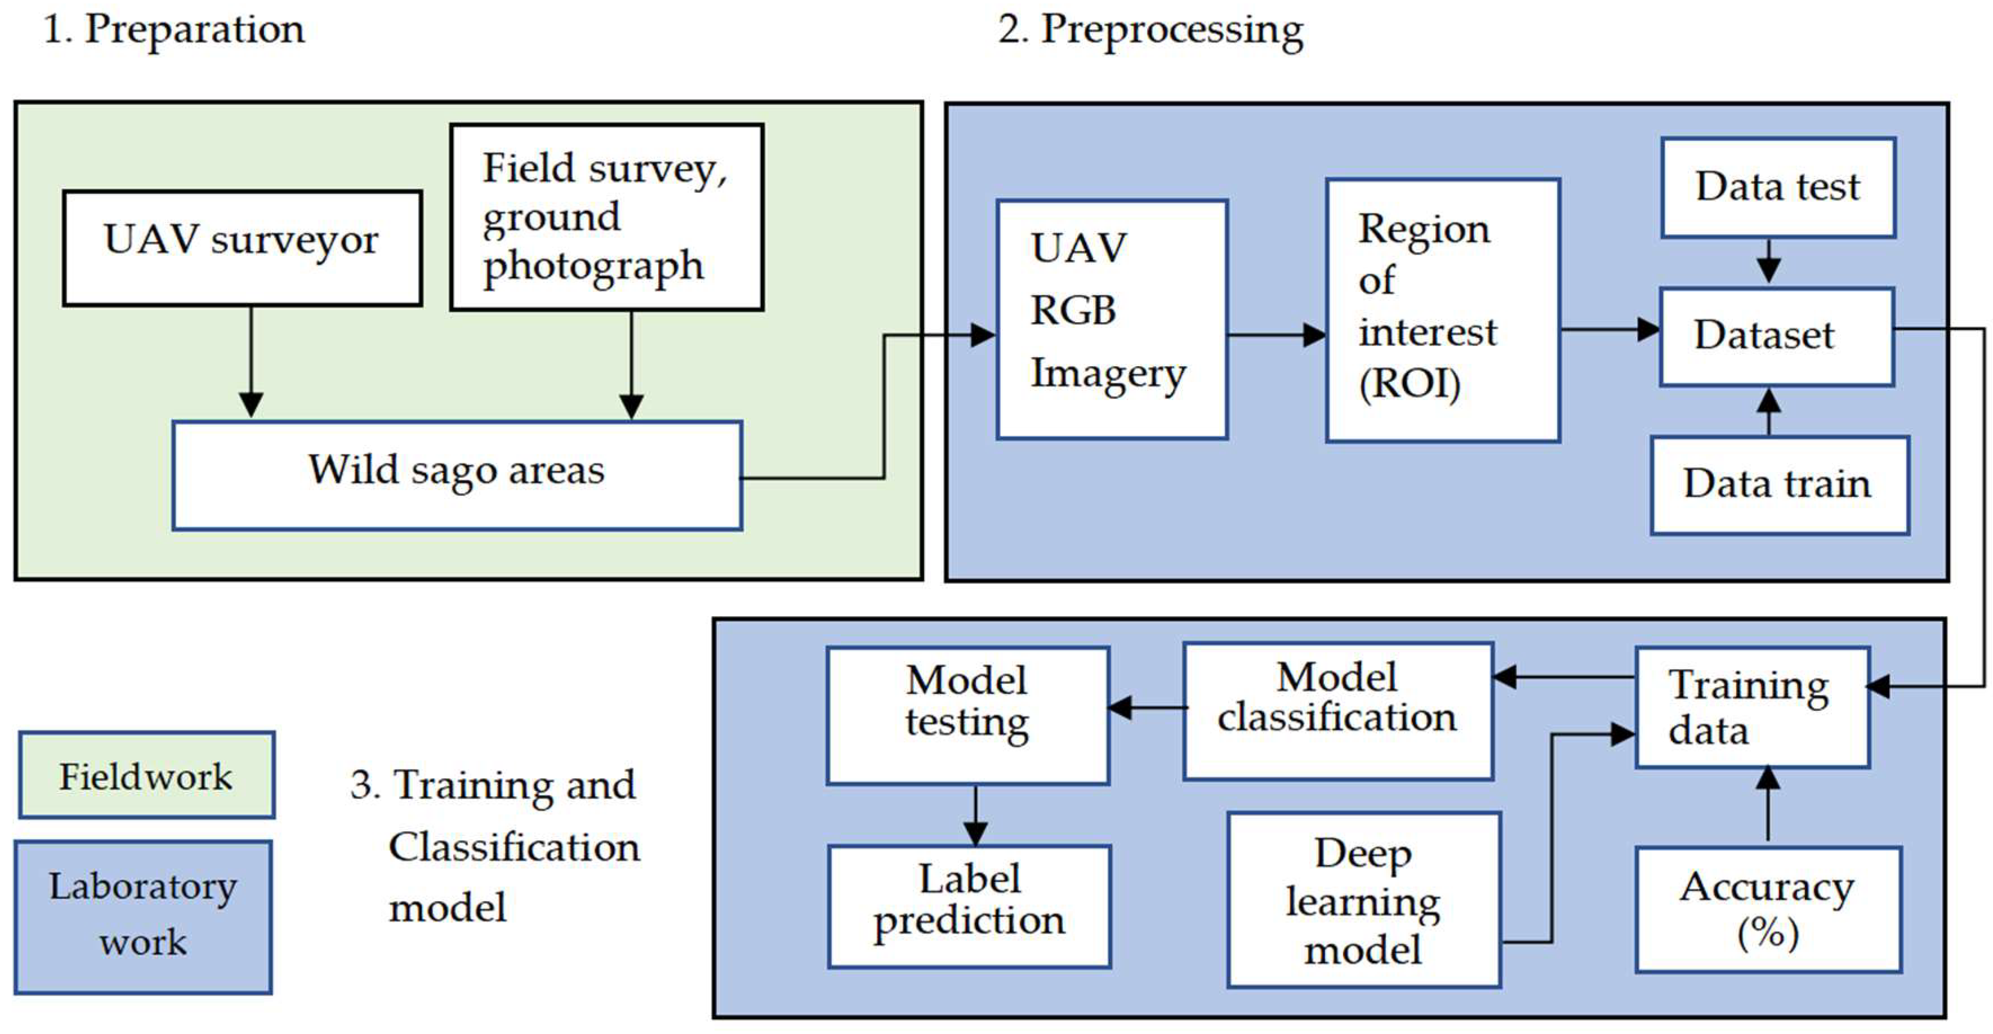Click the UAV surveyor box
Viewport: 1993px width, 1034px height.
pyautogui.click(x=242, y=248)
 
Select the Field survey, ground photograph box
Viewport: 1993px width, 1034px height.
pyautogui.click(x=607, y=217)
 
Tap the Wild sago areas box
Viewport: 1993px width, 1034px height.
pyautogui.click(x=457, y=475)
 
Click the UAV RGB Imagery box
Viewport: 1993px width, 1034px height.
pyautogui.click(x=1112, y=320)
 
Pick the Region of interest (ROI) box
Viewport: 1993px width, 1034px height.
pyautogui.click(x=1442, y=310)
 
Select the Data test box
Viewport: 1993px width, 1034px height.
pyautogui.click(x=1778, y=188)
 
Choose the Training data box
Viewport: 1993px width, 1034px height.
pyautogui.click(x=1751, y=707)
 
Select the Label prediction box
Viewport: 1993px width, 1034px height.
pyautogui.click(x=969, y=906)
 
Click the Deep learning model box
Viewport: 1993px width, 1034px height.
pyautogui.click(x=1363, y=899)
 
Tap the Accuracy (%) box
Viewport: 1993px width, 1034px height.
pyautogui.click(x=1767, y=908)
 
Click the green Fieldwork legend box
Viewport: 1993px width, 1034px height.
pyautogui.click(x=146, y=775)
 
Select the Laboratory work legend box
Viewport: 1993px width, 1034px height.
pyautogui.click(x=143, y=916)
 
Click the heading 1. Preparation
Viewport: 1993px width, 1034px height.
pyautogui.click(x=174, y=29)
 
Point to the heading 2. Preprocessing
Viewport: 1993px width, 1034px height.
pyautogui.click(x=1151, y=29)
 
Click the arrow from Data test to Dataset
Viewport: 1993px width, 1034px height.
pyautogui.click(x=1769, y=261)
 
